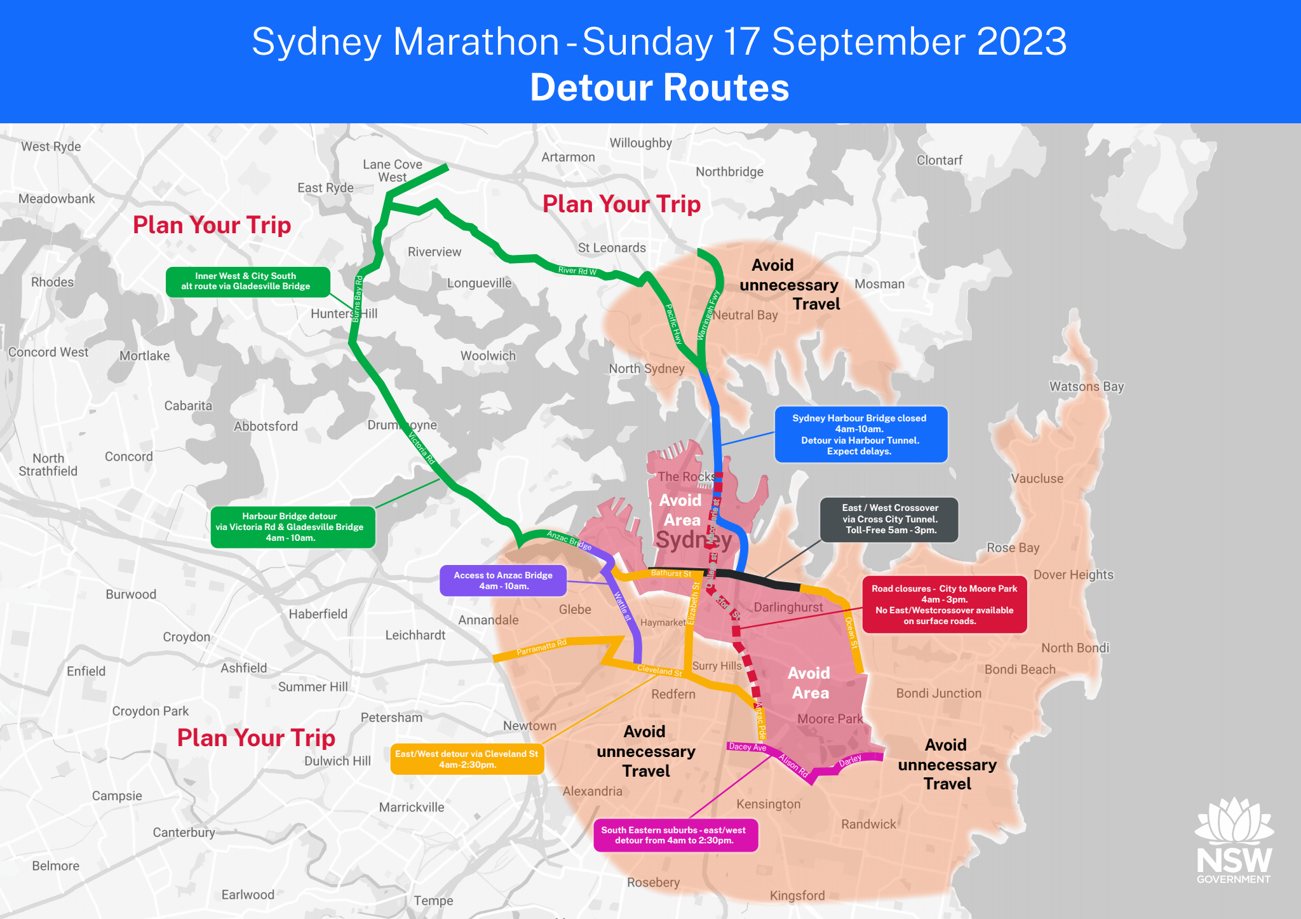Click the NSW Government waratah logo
(x=1234, y=840)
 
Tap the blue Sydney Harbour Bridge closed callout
(x=860, y=435)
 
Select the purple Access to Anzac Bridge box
(x=502, y=580)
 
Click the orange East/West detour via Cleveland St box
(x=466, y=759)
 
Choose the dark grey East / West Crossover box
(x=889, y=519)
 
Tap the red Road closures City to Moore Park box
(x=944, y=604)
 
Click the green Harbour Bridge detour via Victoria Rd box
(x=292, y=527)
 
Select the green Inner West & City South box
(x=246, y=281)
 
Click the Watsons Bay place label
(x=1086, y=386)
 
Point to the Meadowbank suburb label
(x=57, y=199)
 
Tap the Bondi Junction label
(x=938, y=693)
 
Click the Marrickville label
(x=412, y=807)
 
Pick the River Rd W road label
(x=577, y=271)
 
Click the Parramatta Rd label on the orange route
(x=541, y=648)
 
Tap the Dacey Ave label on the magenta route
(x=747, y=747)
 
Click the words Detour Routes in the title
(x=659, y=88)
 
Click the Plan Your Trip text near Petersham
(x=256, y=738)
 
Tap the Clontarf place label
(x=939, y=160)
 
